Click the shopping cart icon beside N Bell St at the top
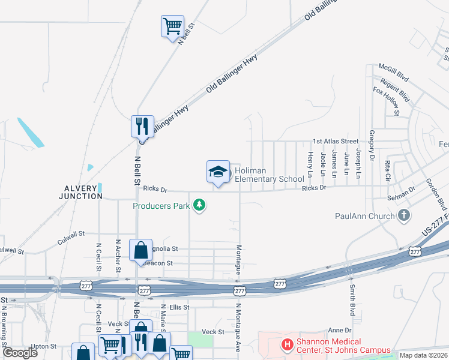pos(172,26)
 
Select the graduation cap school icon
pos(218,172)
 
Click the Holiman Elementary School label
pos(269,175)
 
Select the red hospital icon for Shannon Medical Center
pos(288,346)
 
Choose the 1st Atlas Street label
pos(335,142)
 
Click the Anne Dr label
pos(339,331)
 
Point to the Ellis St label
pos(179,307)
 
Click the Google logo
pos(20,352)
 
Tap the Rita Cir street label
pos(388,171)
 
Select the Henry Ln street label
pos(310,164)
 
